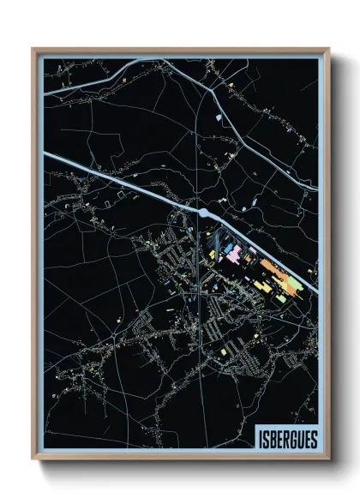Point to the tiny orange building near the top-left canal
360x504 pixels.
pyautogui.click(x=125, y=78)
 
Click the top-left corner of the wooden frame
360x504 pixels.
pyautogui.click(x=33, y=49)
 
